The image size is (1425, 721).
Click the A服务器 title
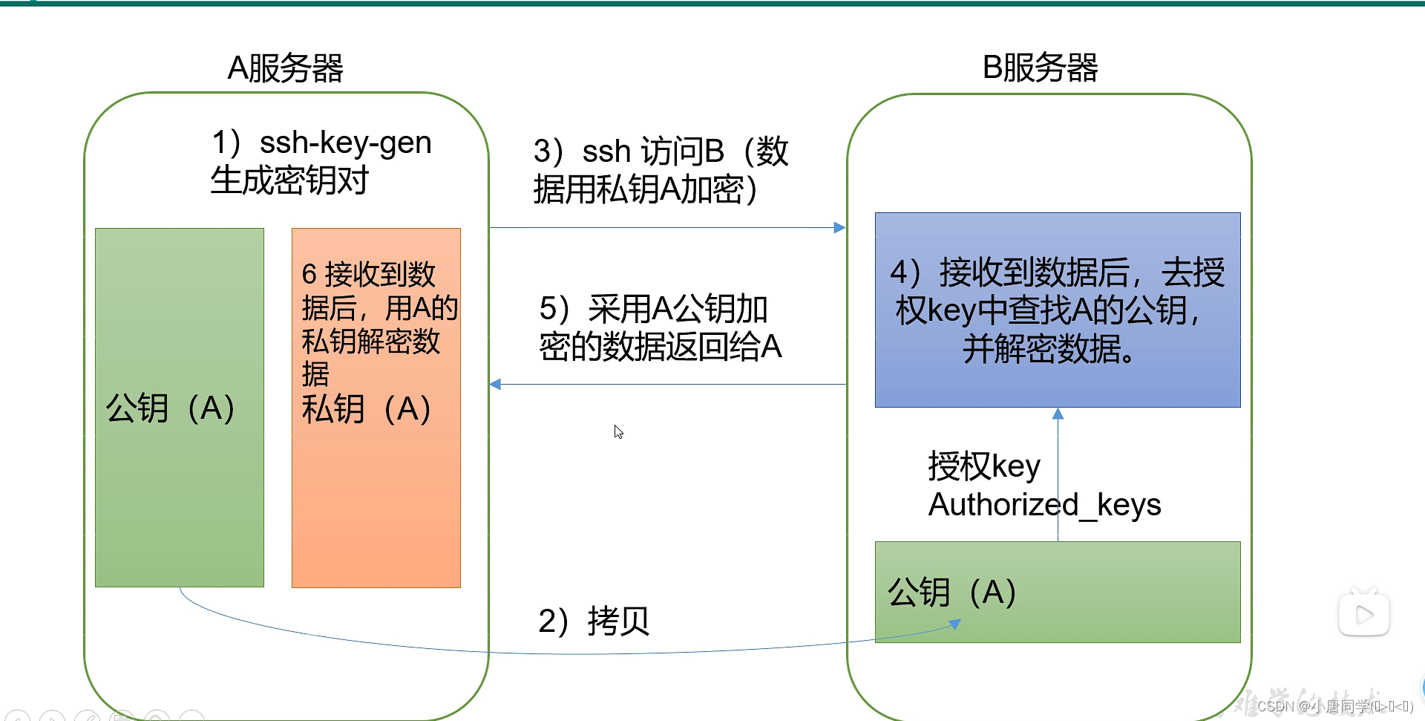click(285, 68)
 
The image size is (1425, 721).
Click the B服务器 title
click(1040, 68)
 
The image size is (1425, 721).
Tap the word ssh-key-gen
click(346, 143)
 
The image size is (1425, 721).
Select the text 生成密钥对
click(289, 180)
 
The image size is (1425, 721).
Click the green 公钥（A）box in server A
click(180, 408)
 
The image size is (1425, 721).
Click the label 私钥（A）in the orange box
click(366, 409)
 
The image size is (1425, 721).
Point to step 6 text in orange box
click(379, 324)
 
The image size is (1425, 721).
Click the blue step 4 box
click(1058, 310)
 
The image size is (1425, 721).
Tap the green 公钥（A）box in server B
click(1058, 592)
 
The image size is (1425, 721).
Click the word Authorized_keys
click(1044, 505)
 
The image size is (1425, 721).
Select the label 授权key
click(984, 466)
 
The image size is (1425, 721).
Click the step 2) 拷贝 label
click(594, 621)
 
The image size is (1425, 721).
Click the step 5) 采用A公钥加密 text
click(661, 327)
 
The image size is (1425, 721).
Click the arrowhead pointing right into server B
click(840, 227)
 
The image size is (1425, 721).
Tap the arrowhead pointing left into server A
click(495, 384)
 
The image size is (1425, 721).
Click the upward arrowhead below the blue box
click(1058, 414)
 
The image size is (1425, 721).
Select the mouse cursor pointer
click(618, 431)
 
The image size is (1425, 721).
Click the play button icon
click(1364, 613)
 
